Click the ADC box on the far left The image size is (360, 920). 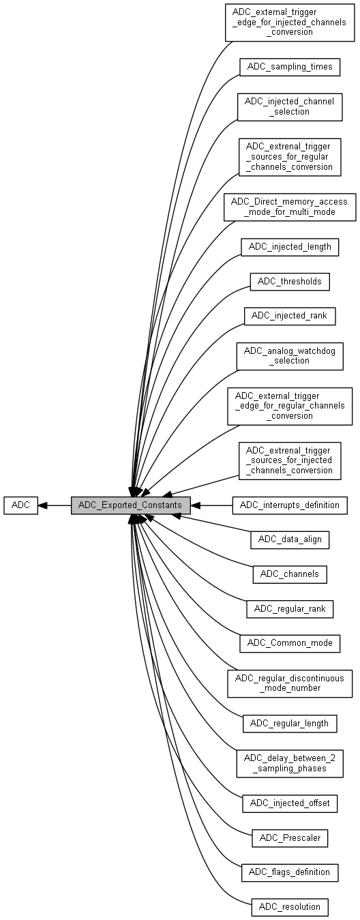pyautogui.click(x=20, y=505)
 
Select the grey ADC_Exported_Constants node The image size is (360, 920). pyautogui.click(x=130, y=505)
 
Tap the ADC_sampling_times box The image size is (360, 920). pyautogui.click(x=290, y=67)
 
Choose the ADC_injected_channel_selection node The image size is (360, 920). pyautogui.click(x=290, y=107)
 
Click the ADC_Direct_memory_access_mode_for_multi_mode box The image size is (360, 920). pyautogui.click(x=290, y=207)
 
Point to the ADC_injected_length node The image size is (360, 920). pyautogui.click(x=290, y=248)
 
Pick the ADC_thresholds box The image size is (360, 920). pyautogui.click(x=290, y=282)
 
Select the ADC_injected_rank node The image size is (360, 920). pyautogui.click(x=290, y=316)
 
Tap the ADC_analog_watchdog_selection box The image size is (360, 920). pyautogui.click(x=290, y=356)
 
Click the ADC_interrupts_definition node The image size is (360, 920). pyautogui.click(x=290, y=505)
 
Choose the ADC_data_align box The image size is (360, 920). pyautogui.click(x=290, y=539)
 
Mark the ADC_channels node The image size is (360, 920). pyautogui.click(x=290, y=574)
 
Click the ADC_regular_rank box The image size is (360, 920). pyautogui.click(x=290, y=609)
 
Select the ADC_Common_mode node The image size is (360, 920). pyautogui.click(x=290, y=643)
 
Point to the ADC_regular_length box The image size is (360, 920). pyautogui.click(x=290, y=724)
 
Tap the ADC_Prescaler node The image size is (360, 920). pyautogui.click(x=290, y=838)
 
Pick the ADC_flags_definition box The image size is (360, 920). pyautogui.click(x=290, y=872)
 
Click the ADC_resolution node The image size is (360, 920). pyautogui.click(x=290, y=907)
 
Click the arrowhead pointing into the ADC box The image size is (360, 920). pyautogui.click(x=42, y=505)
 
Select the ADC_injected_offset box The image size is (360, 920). pyautogui.click(x=290, y=803)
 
